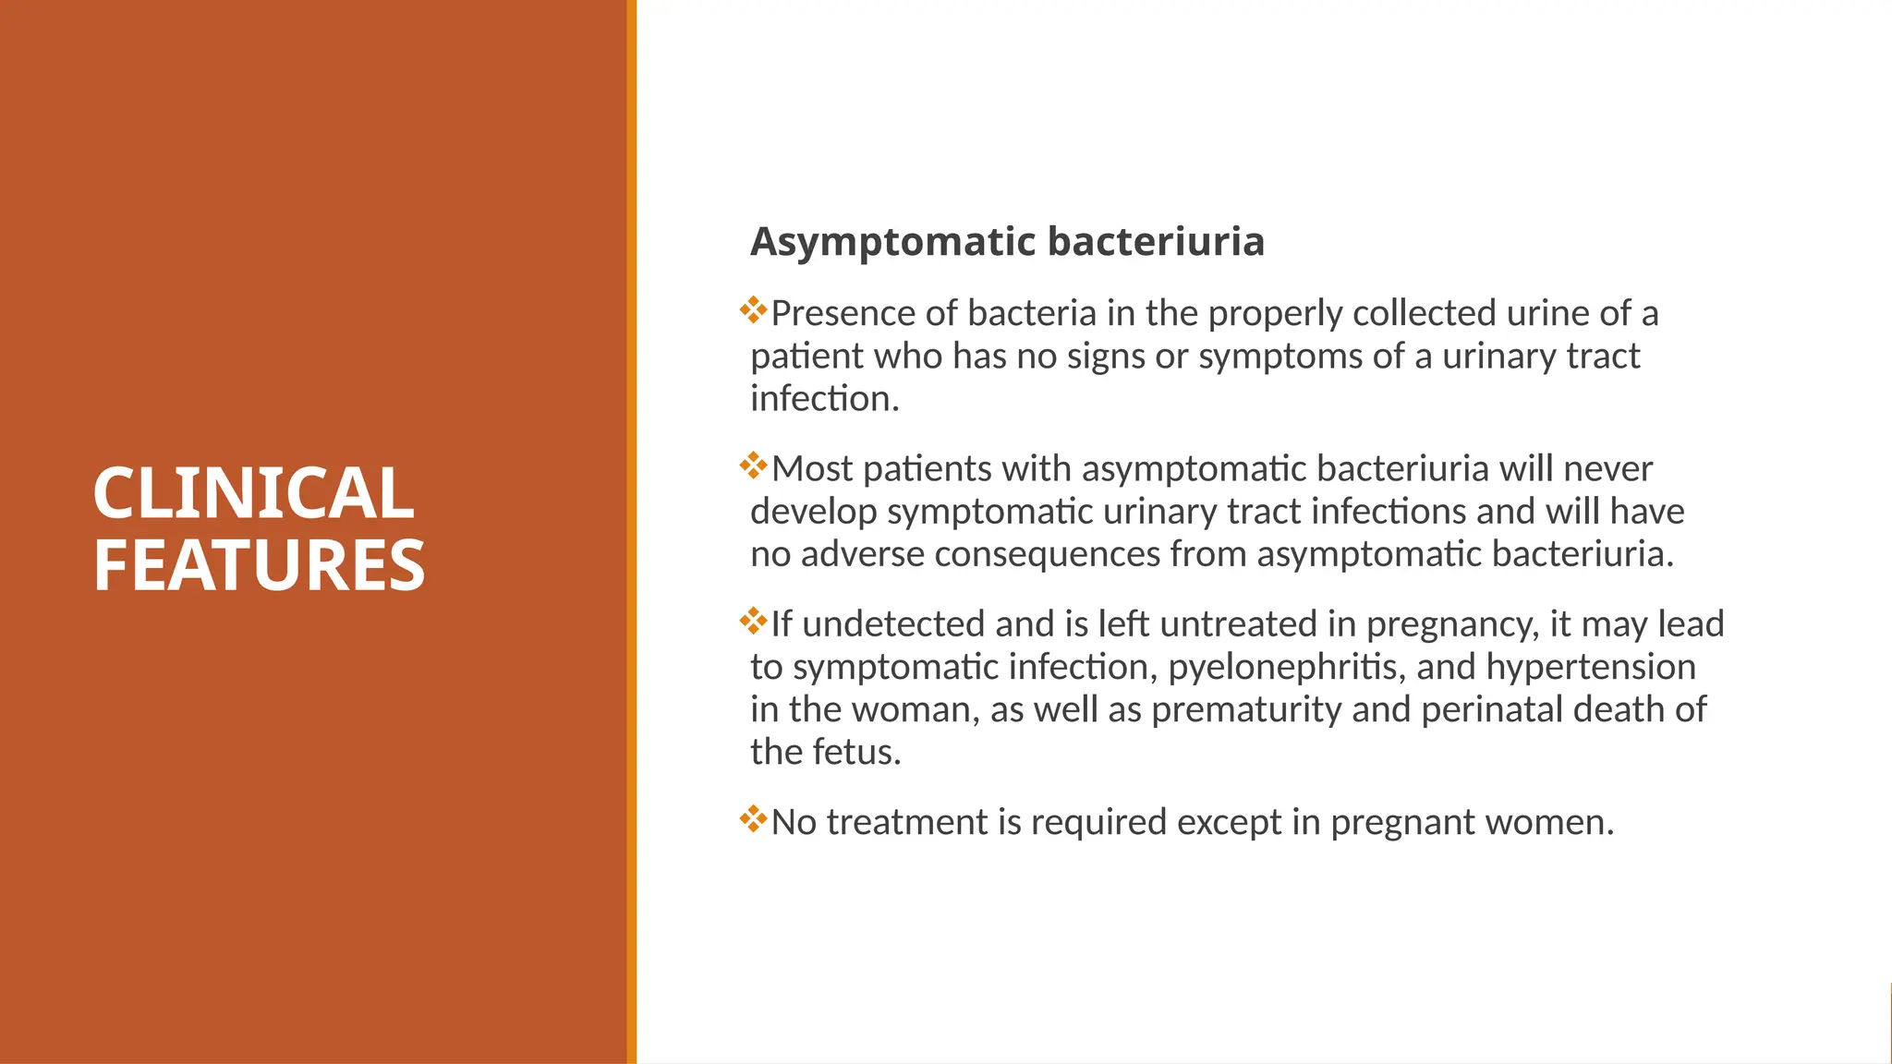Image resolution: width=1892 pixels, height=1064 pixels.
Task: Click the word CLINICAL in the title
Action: [253, 493]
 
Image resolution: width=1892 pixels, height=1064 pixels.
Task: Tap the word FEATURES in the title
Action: [259, 565]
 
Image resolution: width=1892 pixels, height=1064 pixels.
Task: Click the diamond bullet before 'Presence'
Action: [754, 310]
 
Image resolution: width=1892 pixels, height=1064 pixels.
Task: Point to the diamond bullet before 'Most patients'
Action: [754, 465]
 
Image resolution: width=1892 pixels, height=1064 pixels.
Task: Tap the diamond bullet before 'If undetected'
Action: [754, 621]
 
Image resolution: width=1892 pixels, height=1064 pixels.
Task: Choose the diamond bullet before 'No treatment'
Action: [754, 818]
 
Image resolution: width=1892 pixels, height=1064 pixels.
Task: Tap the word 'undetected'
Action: [893, 624]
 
